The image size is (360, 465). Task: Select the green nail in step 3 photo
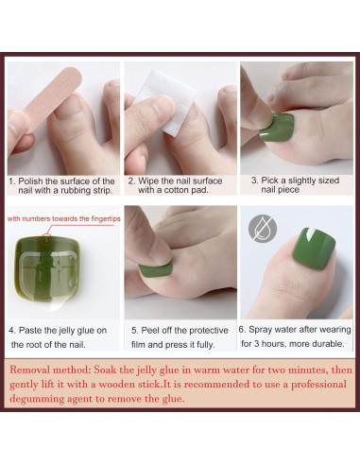(x=277, y=127)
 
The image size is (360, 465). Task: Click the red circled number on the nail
(x=46, y=240)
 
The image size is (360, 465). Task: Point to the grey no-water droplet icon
(x=263, y=229)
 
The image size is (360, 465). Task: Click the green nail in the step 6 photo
(x=314, y=249)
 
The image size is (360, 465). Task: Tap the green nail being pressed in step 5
(x=156, y=270)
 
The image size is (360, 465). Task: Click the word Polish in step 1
(x=30, y=181)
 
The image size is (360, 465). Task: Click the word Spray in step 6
(x=257, y=330)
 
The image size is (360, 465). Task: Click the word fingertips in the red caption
(x=106, y=218)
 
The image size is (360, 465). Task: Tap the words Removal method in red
(x=50, y=370)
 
